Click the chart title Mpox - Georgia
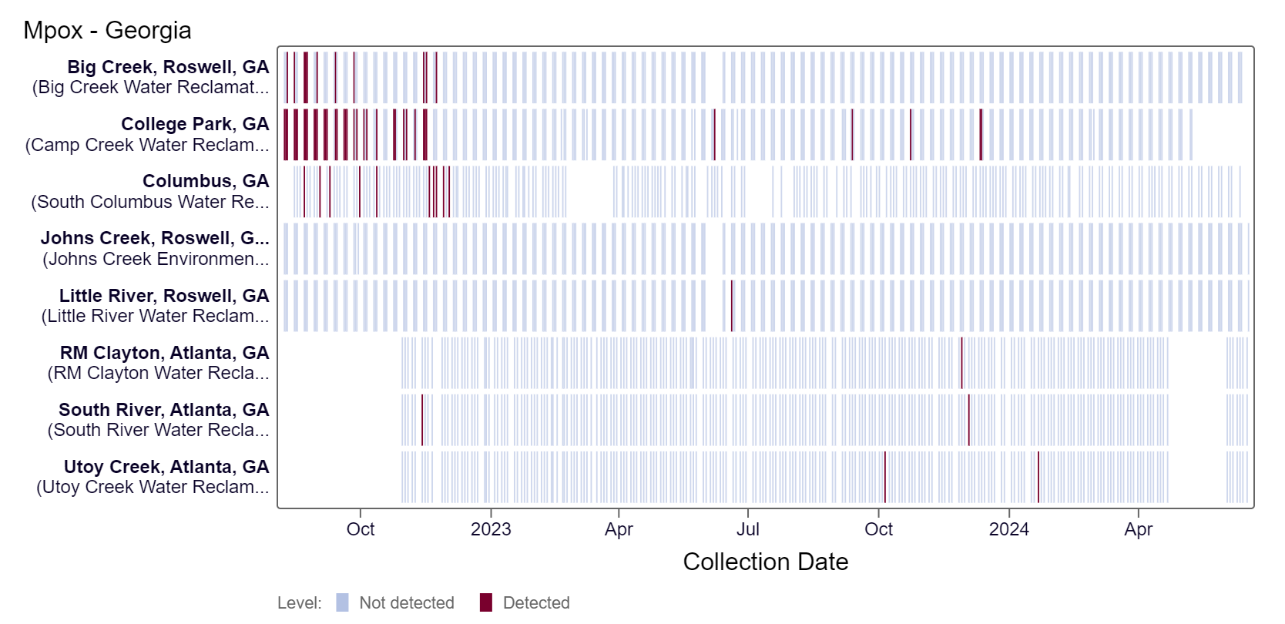107,30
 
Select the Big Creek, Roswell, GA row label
168,67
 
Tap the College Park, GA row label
195,124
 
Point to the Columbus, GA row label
206,181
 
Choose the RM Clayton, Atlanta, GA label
164,353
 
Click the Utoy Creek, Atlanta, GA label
166,467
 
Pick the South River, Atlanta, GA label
163,410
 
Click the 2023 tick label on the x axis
491,529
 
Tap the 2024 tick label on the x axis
1008,529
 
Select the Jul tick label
747,529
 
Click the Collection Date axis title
765,562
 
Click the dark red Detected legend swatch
485,602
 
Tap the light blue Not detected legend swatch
342,602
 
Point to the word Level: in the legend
299,602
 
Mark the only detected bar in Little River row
731,306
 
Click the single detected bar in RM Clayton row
961,363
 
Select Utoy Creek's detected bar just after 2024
1038,477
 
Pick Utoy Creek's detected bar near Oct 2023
885,477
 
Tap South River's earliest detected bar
422,420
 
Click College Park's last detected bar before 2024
981,135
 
